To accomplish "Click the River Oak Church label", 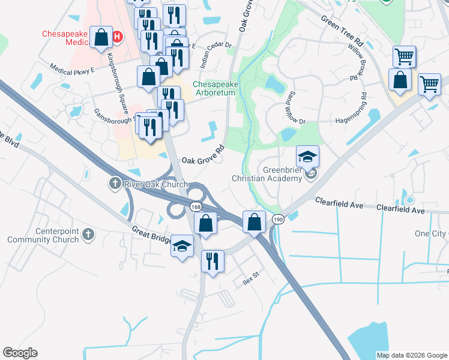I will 155,184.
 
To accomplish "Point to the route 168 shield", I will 196,206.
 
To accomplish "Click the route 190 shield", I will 277,220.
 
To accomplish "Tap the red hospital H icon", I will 118,37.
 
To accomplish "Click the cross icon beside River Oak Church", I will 115,183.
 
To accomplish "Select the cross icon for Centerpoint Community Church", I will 88,233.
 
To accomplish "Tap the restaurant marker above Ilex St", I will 212,261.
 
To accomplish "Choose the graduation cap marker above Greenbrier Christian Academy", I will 307,157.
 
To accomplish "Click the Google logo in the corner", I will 20,352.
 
